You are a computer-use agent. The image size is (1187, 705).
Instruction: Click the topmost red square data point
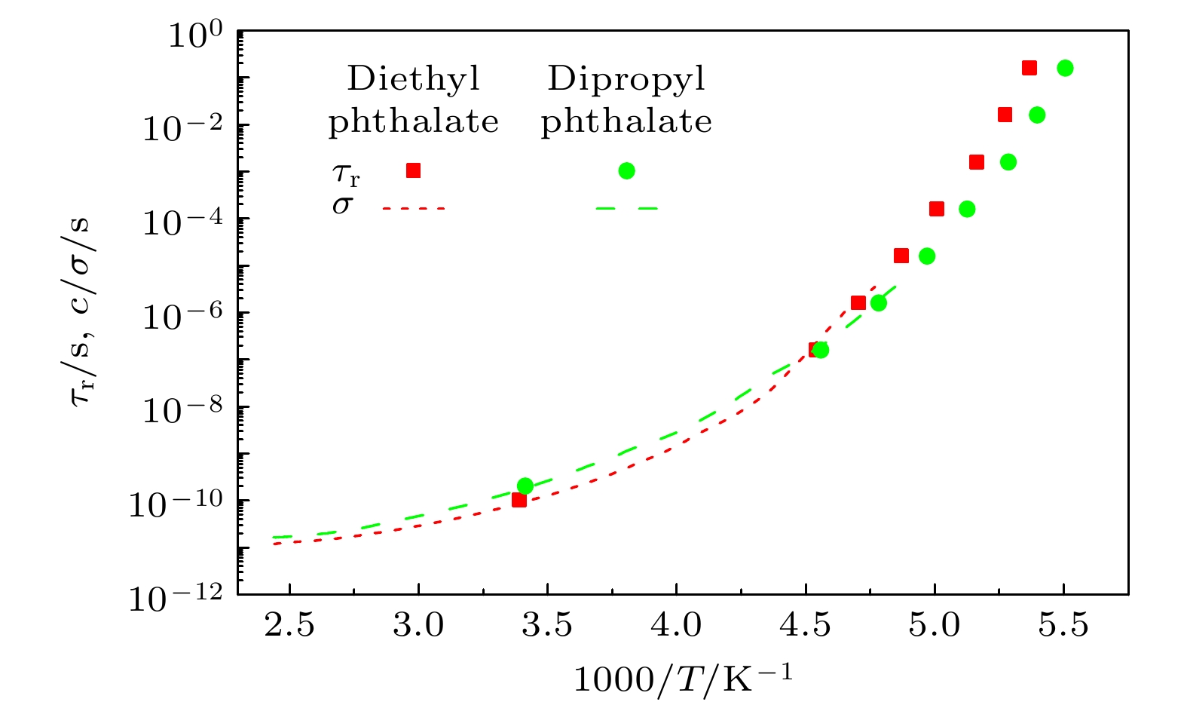click(x=1029, y=68)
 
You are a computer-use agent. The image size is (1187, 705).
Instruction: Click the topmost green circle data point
click(x=1065, y=68)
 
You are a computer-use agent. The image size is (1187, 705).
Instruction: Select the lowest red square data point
click(x=519, y=499)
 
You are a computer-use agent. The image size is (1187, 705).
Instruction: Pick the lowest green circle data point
click(x=525, y=486)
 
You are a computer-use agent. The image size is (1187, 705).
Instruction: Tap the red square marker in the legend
click(x=413, y=170)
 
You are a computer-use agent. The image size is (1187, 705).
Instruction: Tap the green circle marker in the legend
click(x=626, y=170)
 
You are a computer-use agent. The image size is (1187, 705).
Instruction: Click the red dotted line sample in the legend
click(x=414, y=208)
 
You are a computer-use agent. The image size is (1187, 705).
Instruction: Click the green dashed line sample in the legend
click(x=626, y=208)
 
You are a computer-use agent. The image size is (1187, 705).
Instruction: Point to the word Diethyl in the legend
click(x=413, y=78)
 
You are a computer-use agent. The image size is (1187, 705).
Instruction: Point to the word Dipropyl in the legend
click(x=626, y=78)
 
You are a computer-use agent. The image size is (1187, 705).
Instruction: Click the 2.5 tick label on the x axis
click(x=289, y=626)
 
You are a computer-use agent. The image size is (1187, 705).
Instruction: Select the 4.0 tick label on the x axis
click(x=676, y=626)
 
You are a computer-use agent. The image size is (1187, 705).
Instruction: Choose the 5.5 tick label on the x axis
click(x=1063, y=626)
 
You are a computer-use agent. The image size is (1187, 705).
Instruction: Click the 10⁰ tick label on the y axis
click(x=194, y=35)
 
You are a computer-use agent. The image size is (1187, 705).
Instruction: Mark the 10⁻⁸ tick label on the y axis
click(x=182, y=410)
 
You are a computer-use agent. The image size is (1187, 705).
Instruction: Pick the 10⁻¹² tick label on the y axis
click(x=176, y=598)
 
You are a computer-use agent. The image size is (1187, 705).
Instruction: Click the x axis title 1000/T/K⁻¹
click(x=683, y=678)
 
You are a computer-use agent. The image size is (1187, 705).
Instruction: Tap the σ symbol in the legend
click(x=342, y=206)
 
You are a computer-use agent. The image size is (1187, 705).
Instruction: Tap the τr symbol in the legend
click(x=346, y=175)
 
